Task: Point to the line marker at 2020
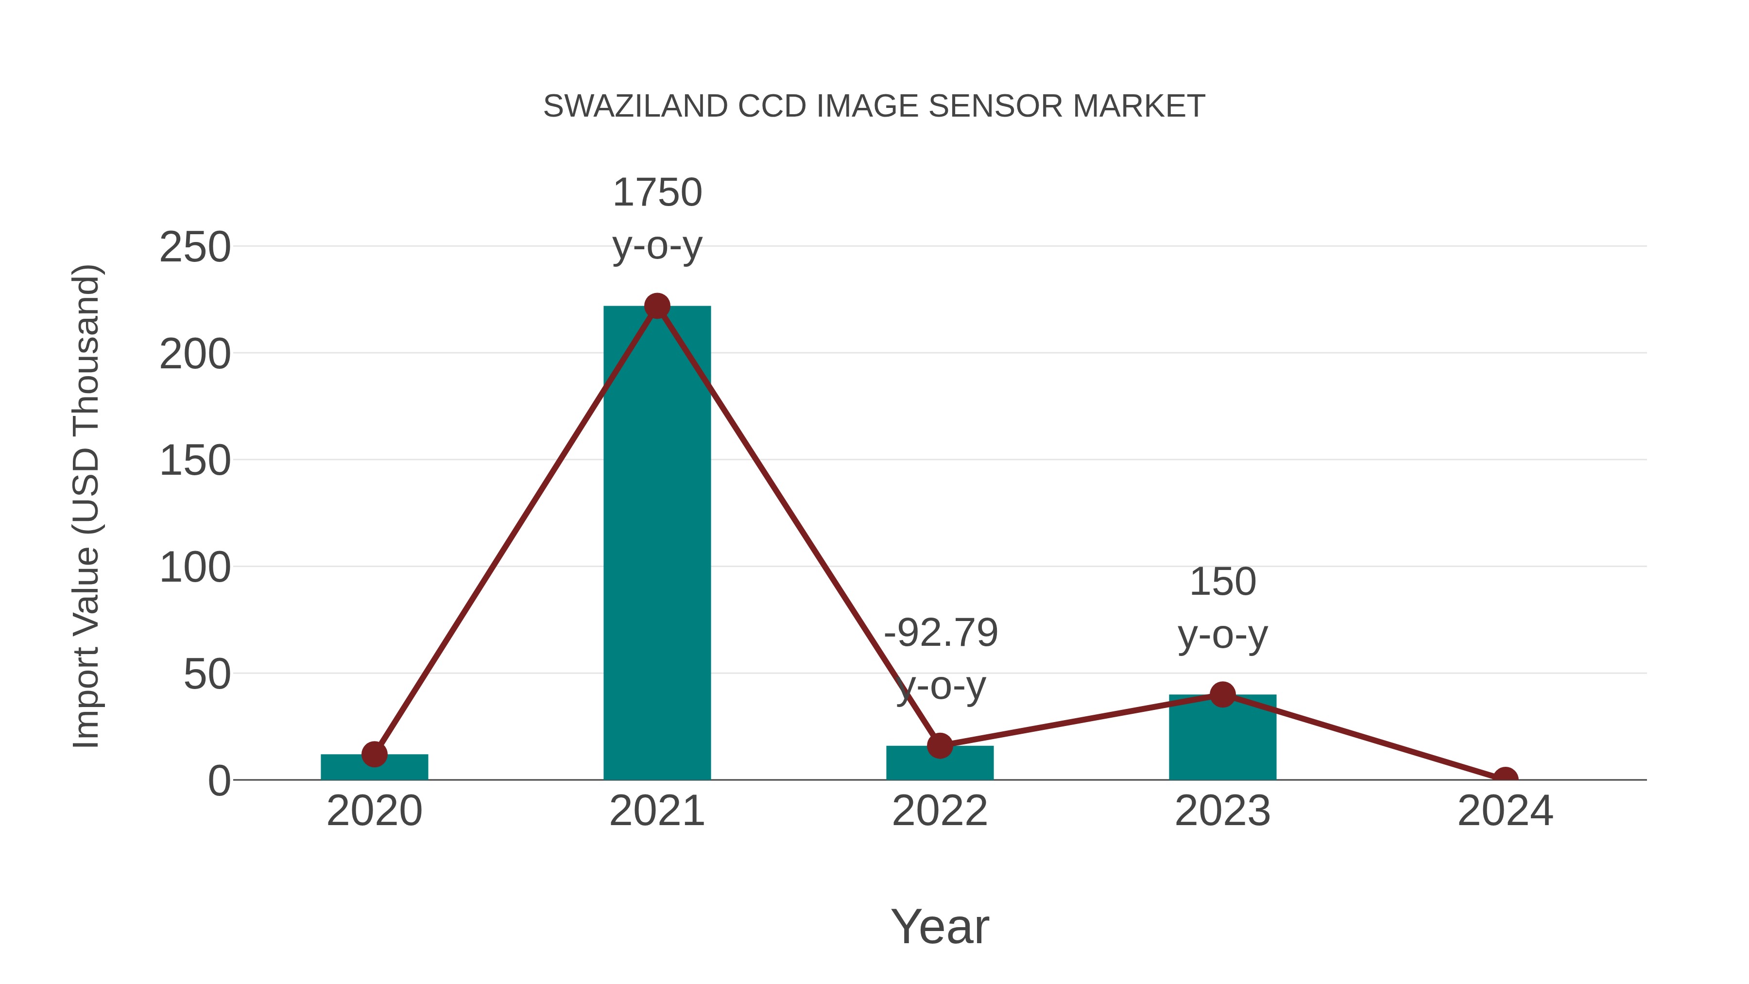pos(374,754)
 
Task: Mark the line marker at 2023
pos(1222,695)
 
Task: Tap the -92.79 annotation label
pos(941,633)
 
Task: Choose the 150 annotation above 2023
pos(1222,582)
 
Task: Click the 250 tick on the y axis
pos(195,247)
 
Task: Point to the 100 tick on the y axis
pos(195,568)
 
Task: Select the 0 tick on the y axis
pos(219,781)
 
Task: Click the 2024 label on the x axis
pos(1505,811)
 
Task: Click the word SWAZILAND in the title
pos(635,106)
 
